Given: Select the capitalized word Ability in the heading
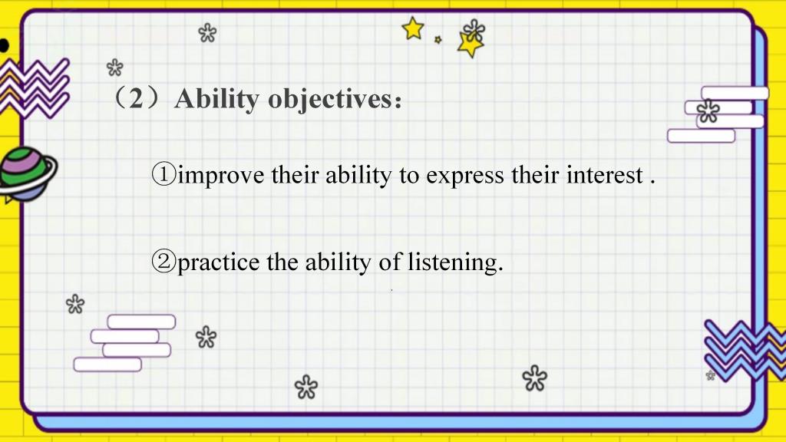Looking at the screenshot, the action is tap(216, 99).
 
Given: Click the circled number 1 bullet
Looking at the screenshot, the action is tap(163, 175).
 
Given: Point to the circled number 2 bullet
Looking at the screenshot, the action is tap(163, 262).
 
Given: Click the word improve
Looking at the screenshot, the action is tap(221, 176).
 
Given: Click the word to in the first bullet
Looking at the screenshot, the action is tap(409, 176).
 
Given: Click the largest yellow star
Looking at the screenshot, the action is tap(470, 45).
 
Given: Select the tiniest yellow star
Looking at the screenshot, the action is tap(438, 40).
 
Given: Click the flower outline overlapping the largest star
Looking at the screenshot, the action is tap(474, 30).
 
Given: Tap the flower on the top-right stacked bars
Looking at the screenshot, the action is tap(708, 111).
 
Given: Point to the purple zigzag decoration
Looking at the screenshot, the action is tap(34, 88).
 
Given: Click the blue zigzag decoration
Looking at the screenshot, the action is tap(745, 349).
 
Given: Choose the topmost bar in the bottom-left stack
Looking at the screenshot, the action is tap(141, 322).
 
